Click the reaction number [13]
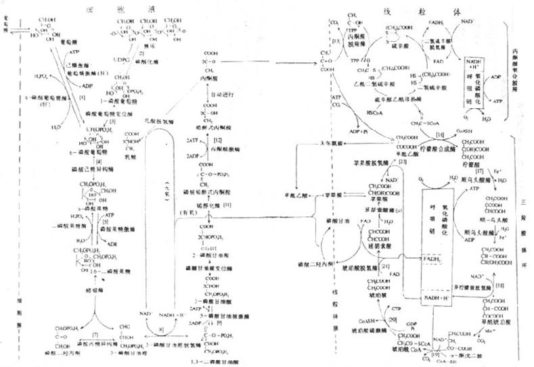pos(336,41)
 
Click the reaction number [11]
pos(228,204)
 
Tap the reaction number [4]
pos(99,162)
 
